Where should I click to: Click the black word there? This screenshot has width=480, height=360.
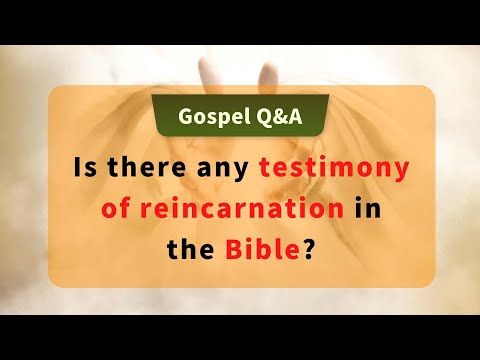[x=143, y=166]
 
